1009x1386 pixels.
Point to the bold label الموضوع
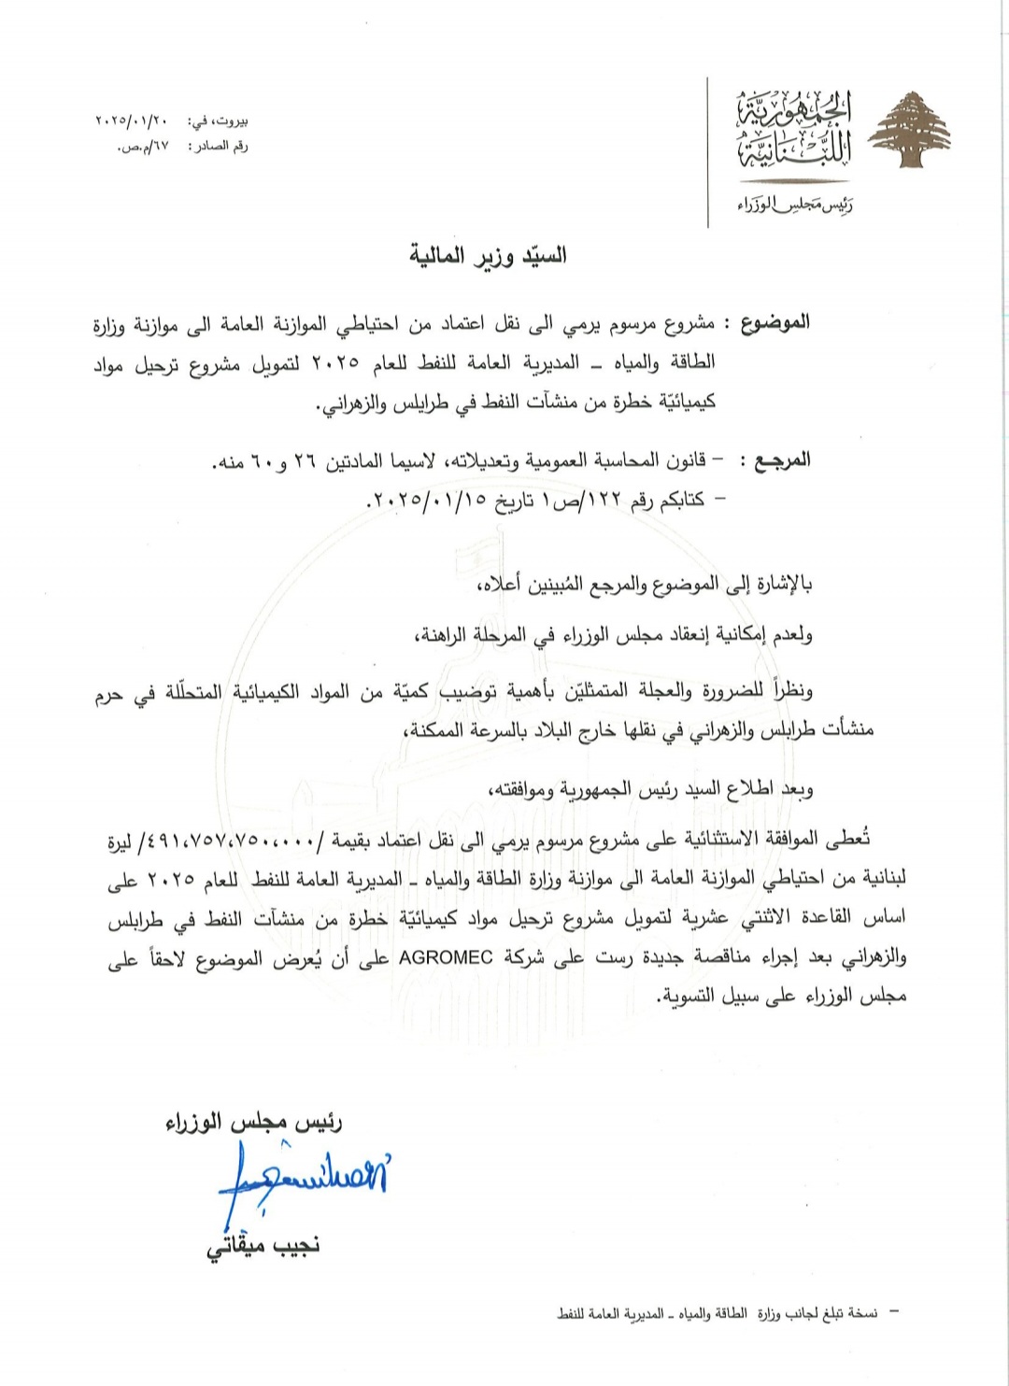tap(775, 324)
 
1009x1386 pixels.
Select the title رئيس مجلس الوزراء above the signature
tap(253, 1121)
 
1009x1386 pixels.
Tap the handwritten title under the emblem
tap(794, 204)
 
